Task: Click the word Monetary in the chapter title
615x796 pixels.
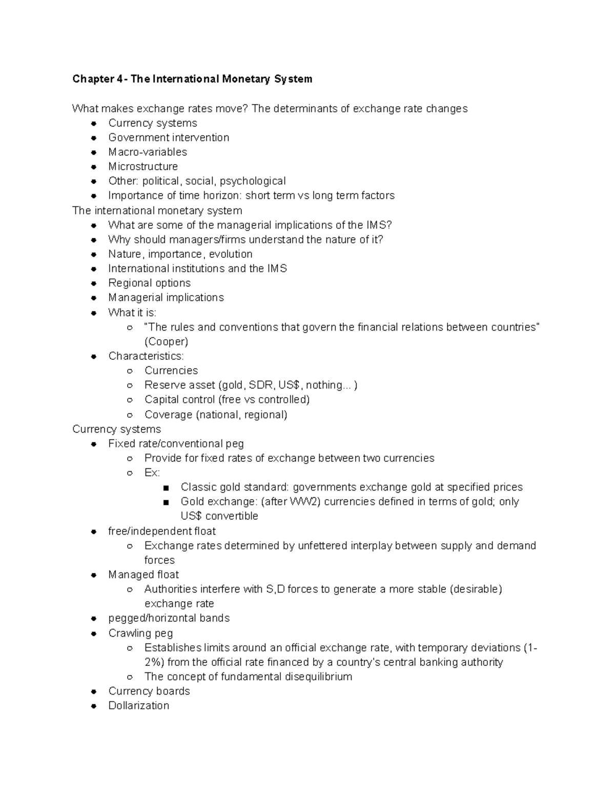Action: (x=245, y=79)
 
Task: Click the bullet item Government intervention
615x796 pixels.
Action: (x=169, y=137)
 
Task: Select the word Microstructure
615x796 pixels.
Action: (x=143, y=167)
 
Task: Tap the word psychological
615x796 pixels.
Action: (x=254, y=181)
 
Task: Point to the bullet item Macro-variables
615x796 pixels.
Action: (x=148, y=152)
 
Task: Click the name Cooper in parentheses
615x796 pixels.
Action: (x=167, y=341)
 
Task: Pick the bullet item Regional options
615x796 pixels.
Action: (x=149, y=283)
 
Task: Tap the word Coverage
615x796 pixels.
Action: (x=168, y=414)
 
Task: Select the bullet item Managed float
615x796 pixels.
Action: (x=143, y=575)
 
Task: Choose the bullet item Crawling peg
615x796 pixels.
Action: (x=140, y=633)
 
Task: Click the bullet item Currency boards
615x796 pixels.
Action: (x=149, y=691)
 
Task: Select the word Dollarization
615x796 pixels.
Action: (x=138, y=705)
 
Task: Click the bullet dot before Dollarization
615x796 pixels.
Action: (x=94, y=706)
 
